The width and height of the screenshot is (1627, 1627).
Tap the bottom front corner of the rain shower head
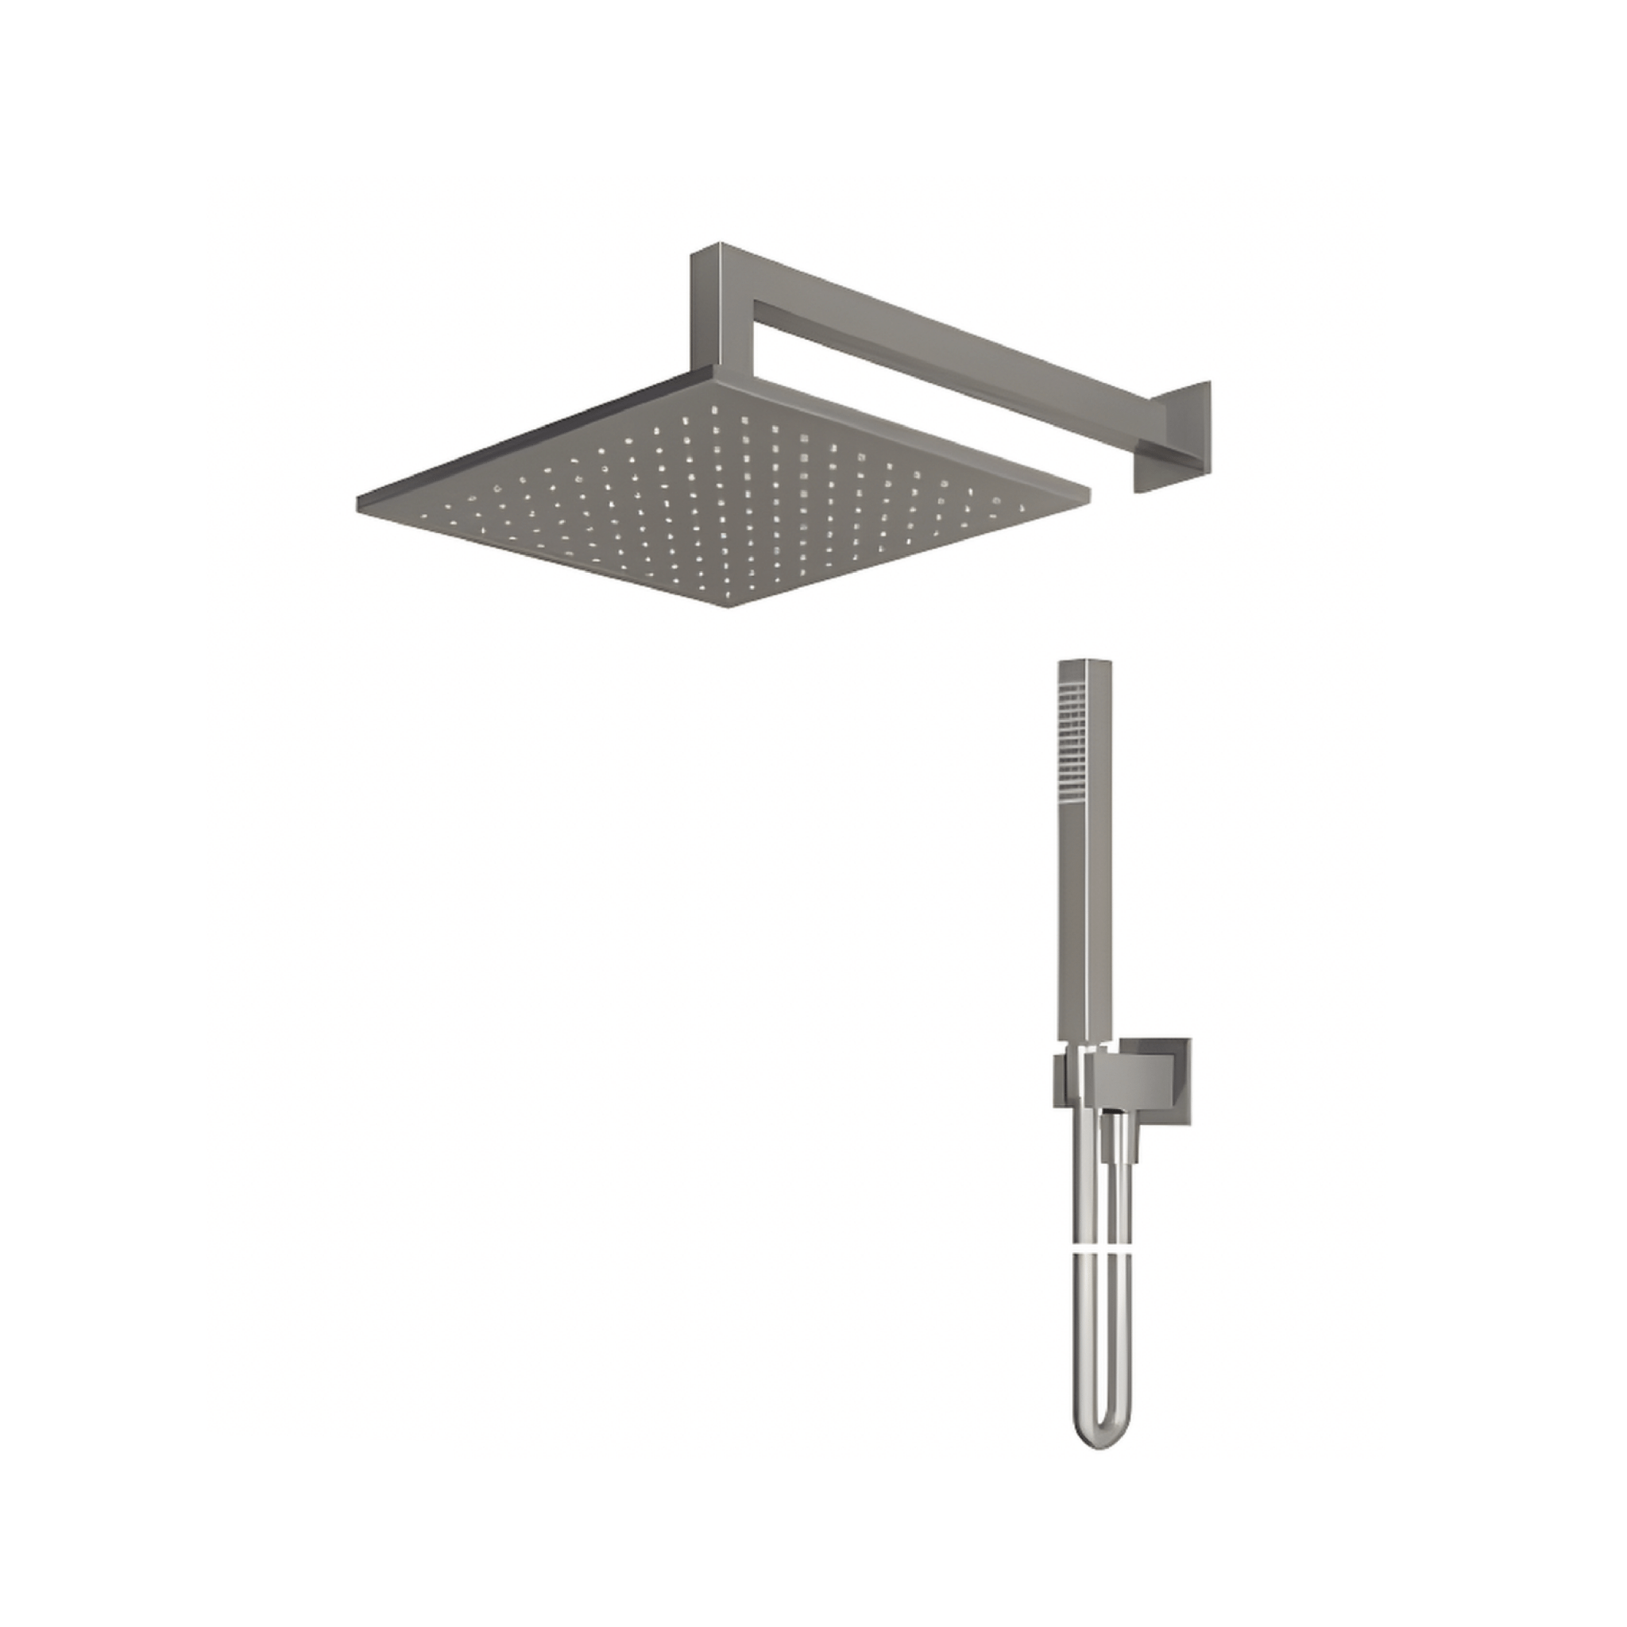tap(728, 606)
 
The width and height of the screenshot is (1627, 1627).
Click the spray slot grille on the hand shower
tap(1071, 740)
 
